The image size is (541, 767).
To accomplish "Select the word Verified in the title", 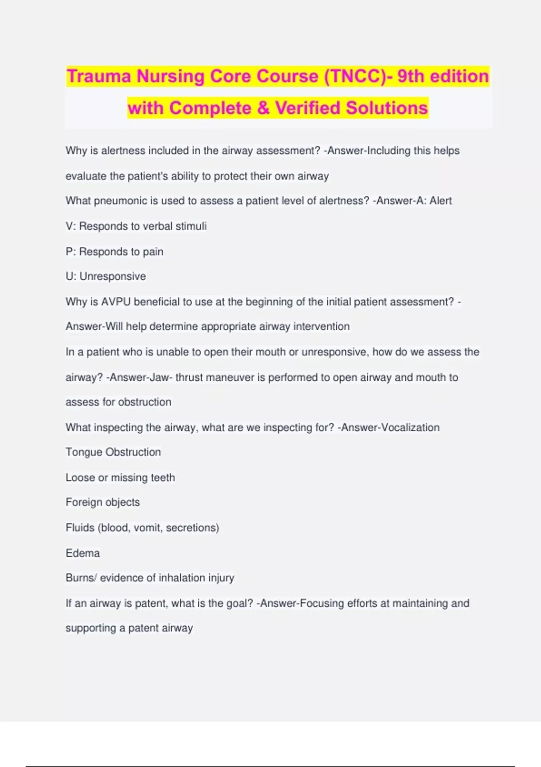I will click(x=307, y=108).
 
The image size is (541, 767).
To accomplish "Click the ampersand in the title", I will click(x=263, y=108).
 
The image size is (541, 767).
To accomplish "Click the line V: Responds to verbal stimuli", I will click(x=136, y=226).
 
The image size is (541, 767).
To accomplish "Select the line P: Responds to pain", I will click(x=115, y=251).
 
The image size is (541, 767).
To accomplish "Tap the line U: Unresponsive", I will click(x=106, y=276).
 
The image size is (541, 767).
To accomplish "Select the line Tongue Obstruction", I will click(x=113, y=452).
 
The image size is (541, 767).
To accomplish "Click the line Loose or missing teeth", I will click(x=120, y=477).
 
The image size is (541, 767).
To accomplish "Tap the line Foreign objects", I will click(x=103, y=502).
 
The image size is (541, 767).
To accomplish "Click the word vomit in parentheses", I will click(x=147, y=527).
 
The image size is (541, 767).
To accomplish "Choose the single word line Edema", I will click(x=83, y=553).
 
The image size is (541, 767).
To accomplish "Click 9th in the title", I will click(x=410, y=76).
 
